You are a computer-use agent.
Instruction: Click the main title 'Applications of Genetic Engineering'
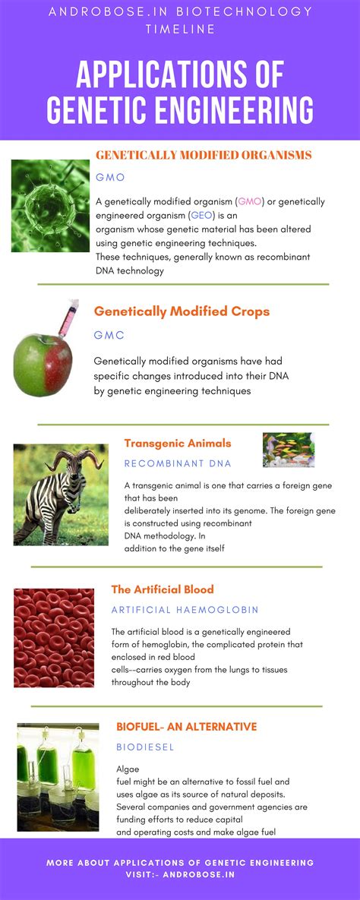point(180,92)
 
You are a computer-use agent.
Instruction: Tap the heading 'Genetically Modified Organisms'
point(204,155)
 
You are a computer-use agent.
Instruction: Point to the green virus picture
point(51,206)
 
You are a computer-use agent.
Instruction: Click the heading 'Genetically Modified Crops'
point(182,311)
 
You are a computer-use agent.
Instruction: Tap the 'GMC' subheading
point(109,335)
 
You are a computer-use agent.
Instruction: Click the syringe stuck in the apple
point(67,318)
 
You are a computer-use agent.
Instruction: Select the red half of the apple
point(58,365)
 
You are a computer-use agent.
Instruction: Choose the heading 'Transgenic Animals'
point(178,443)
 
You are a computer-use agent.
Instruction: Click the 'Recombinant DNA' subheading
point(178,463)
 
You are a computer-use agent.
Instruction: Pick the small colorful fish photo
point(289,450)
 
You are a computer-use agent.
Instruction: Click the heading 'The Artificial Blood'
point(163,589)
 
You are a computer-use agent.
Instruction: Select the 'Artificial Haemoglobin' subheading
point(185,610)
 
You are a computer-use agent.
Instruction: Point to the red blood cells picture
point(54,637)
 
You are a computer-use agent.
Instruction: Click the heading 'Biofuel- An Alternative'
point(187,727)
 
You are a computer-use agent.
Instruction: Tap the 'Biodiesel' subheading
point(145,747)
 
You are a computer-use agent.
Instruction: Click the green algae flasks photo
point(58,777)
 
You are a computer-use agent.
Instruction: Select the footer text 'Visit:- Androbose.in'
point(180,875)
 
